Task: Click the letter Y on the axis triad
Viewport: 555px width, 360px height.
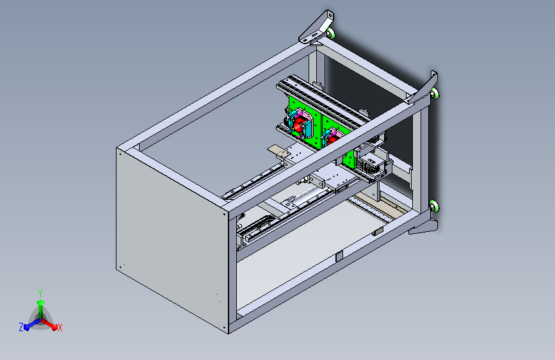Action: (x=40, y=293)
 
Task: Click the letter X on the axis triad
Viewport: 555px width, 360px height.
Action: (x=60, y=327)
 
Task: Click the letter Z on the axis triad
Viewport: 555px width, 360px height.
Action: (x=21, y=327)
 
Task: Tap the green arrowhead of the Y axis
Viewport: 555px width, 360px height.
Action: (x=41, y=302)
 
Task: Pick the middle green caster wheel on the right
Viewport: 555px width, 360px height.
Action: (x=435, y=94)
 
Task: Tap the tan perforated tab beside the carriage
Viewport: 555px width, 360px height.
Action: (x=278, y=151)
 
